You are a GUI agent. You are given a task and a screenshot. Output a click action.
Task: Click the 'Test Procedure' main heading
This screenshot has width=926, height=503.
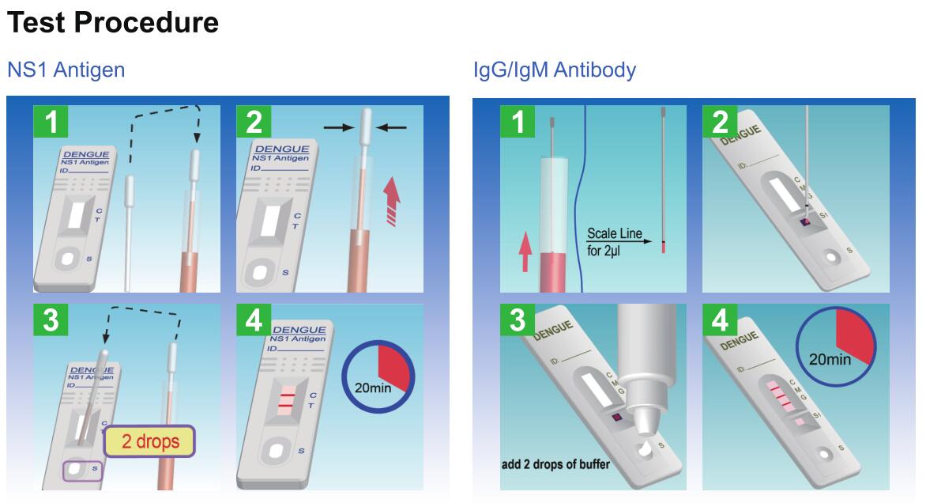tap(112, 23)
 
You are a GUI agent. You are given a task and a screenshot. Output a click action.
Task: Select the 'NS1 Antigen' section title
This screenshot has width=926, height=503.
tap(66, 70)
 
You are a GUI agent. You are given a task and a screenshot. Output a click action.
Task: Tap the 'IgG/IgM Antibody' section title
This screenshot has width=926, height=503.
tap(554, 70)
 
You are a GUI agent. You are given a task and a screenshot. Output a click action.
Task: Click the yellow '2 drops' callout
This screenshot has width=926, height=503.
tap(150, 441)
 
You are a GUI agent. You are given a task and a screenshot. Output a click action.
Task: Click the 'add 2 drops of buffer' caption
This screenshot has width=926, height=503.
tap(555, 464)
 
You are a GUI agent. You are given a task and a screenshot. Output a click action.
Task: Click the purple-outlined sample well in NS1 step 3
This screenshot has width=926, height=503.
tap(81, 471)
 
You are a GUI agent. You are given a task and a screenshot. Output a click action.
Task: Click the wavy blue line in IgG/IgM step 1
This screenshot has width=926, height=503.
tap(580, 198)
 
